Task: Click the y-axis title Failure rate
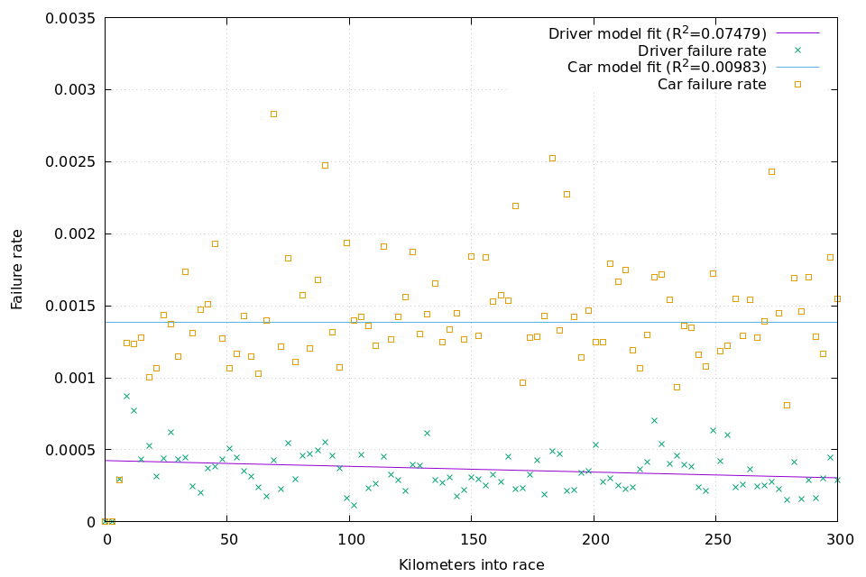pyautogui.click(x=17, y=269)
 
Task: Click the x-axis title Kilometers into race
pyautogui.click(x=471, y=564)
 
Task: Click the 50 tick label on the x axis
pyautogui.click(x=227, y=539)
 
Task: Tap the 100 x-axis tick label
pyautogui.click(x=349, y=539)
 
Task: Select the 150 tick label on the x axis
pyautogui.click(x=472, y=539)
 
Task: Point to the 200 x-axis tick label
pyautogui.click(x=594, y=539)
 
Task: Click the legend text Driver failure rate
pyautogui.click(x=702, y=50)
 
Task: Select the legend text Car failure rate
pyautogui.click(x=711, y=85)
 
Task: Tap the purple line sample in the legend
pyautogui.click(x=797, y=33)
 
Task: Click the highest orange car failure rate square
pyautogui.click(x=273, y=114)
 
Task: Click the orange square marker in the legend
pyautogui.click(x=797, y=84)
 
